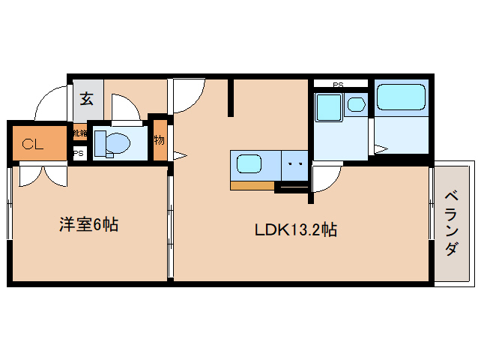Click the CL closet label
[x=31, y=144]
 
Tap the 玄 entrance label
[x=87, y=98]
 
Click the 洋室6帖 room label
[x=89, y=223]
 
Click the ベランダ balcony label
[x=452, y=223]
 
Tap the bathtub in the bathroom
[x=401, y=98]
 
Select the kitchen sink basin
[x=249, y=163]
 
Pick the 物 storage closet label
[x=159, y=139]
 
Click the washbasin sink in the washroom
[x=356, y=105]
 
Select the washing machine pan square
[x=328, y=106]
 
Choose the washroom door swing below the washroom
[x=325, y=178]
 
